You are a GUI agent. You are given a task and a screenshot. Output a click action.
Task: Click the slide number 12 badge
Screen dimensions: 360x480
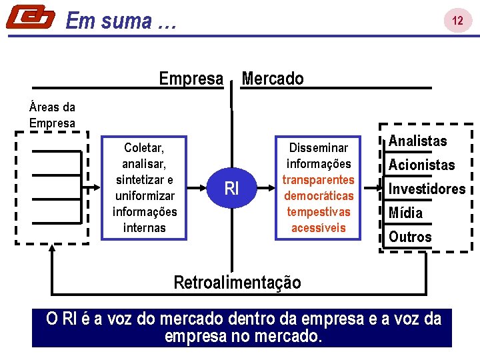[457, 21]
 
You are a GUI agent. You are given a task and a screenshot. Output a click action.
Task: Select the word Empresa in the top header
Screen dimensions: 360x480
[191, 79]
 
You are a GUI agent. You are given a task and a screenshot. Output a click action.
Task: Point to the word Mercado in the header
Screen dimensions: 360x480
[272, 79]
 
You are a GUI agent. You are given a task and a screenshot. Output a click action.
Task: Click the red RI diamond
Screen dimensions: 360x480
[231, 189]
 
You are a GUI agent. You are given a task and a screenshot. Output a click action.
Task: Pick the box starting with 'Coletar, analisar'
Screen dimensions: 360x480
[145, 187]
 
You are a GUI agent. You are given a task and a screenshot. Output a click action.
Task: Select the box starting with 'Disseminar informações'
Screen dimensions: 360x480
[319, 187]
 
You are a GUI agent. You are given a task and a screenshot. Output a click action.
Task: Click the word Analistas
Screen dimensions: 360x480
[417, 141]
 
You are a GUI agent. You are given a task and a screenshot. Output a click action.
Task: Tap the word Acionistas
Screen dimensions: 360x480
[421, 165]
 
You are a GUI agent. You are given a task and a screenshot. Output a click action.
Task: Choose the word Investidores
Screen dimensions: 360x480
[427, 189]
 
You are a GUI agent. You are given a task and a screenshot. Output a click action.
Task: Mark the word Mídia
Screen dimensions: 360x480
[405, 213]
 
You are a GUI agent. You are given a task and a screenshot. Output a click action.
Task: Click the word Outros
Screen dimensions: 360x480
[410, 237]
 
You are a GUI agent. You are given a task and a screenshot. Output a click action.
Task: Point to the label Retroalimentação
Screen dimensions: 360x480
[237, 282]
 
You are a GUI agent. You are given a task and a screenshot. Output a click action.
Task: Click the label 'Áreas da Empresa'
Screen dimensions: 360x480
[52, 115]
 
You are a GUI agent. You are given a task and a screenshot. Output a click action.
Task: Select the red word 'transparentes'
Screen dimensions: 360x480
[319, 180]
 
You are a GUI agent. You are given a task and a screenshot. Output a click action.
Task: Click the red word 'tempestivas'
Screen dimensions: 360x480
[319, 212]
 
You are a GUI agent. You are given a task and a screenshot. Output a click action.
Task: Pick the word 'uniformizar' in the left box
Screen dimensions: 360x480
[145, 196]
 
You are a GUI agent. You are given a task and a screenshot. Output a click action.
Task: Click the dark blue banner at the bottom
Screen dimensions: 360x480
[241, 327]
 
